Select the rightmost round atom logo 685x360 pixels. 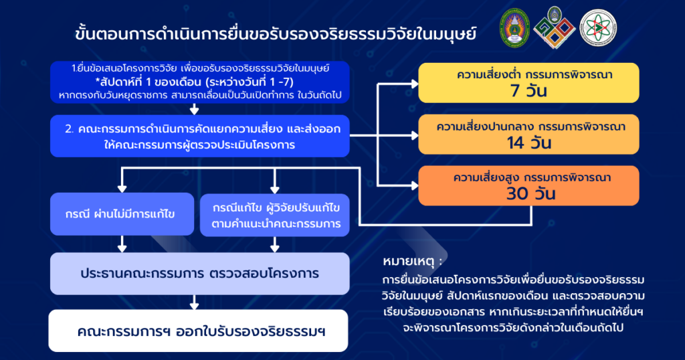(598, 28)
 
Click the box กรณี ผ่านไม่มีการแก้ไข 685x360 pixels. (121, 215)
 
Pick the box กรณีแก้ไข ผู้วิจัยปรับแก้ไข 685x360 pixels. (275, 215)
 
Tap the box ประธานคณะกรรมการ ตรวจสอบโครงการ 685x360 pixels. (199, 274)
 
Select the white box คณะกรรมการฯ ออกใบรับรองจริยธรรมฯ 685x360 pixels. (199, 331)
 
